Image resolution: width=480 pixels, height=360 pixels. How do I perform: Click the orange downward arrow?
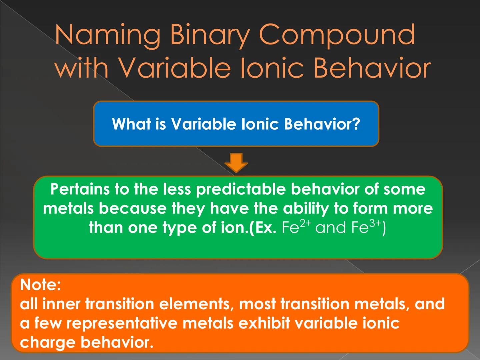click(x=236, y=163)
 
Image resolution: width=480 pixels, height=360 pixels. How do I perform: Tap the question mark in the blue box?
click(x=356, y=124)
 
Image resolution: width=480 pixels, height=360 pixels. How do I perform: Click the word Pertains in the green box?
click(x=80, y=189)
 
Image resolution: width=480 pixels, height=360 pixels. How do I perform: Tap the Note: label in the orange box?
click(x=40, y=285)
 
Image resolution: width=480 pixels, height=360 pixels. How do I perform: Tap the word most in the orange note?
click(x=257, y=304)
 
